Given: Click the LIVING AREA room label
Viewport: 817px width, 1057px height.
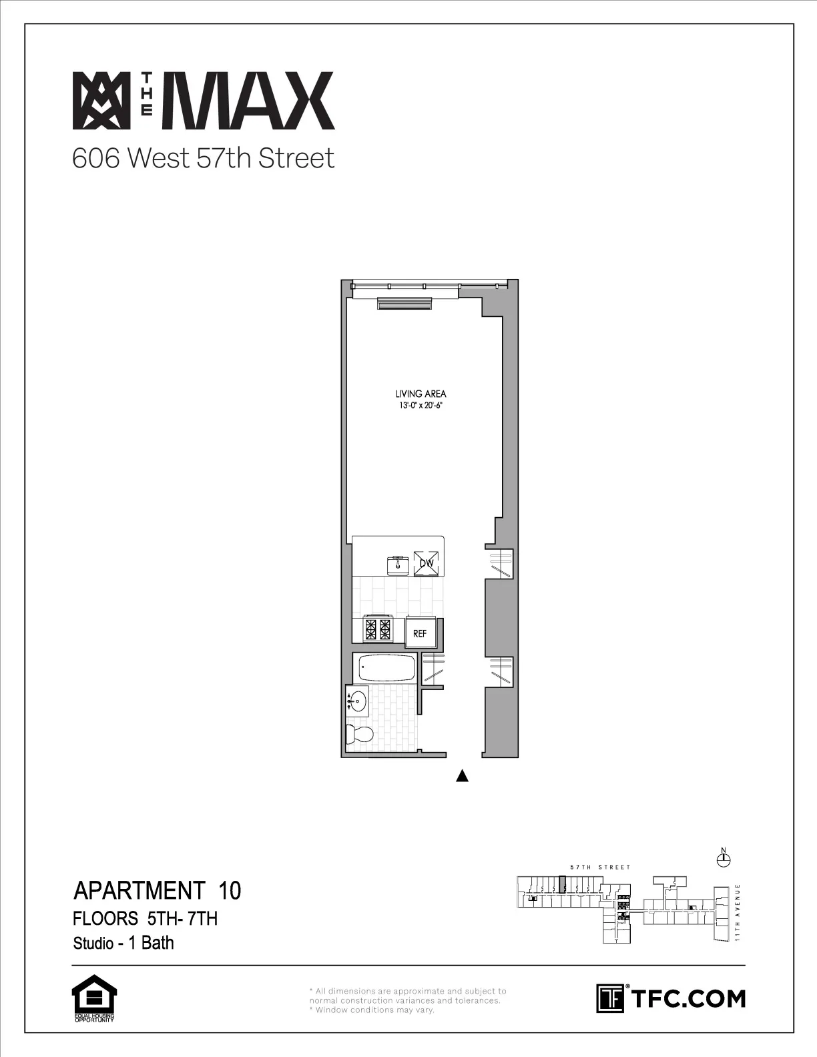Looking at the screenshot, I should [421, 394].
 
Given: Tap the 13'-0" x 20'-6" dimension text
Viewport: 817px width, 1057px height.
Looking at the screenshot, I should [421, 404].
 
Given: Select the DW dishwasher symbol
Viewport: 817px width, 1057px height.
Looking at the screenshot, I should [427, 563].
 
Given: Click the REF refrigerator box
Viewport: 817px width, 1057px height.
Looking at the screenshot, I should [420, 633].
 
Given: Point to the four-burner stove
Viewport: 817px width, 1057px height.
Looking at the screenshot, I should [377, 629].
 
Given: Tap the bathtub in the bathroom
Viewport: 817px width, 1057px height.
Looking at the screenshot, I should [386, 668].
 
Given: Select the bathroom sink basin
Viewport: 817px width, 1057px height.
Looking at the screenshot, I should [358, 701].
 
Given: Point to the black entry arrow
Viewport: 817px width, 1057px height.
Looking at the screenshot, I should [462, 775].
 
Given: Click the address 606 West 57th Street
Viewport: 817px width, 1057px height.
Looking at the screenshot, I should [203, 158].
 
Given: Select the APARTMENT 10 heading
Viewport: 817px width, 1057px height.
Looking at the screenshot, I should [157, 890].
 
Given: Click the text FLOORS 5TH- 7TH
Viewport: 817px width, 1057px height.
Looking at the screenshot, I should [145, 918].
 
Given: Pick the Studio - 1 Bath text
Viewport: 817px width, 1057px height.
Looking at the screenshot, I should [123, 942].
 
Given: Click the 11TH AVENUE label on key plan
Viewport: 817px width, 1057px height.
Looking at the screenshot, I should [738, 912].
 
